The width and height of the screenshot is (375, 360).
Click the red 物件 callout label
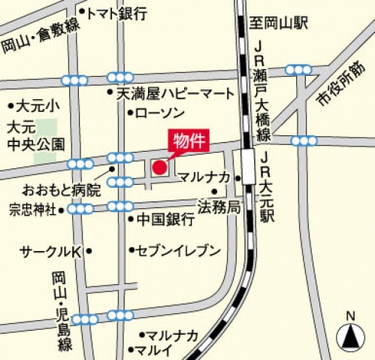189,141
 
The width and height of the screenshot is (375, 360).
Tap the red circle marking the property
160,167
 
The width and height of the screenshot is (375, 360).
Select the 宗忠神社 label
32,209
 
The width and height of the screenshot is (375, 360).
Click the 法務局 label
218,204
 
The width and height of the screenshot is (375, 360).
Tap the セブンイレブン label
178,250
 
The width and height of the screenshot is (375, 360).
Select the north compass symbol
349,333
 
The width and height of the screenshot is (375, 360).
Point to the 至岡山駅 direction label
282,23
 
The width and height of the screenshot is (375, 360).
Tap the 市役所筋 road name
339,84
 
